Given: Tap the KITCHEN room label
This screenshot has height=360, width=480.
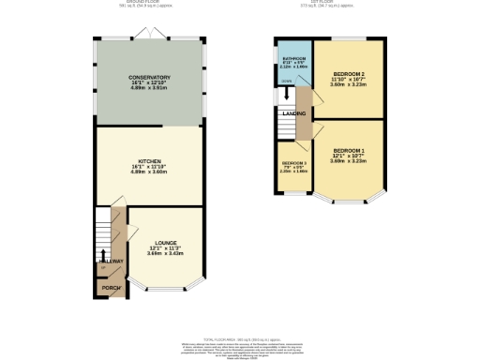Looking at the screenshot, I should pyautogui.click(x=149, y=160).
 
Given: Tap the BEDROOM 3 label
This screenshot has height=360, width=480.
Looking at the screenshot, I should pyautogui.click(x=294, y=162).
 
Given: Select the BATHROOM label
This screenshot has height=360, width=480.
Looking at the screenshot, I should pyautogui.click(x=295, y=58).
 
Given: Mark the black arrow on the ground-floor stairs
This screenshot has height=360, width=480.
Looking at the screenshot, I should pyautogui.click(x=102, y=255).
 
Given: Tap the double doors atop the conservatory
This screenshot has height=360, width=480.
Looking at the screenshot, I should pyautogui.click(x=148, y=35).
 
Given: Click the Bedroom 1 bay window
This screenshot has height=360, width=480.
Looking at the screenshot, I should pyautogui.click(x=348, y=201).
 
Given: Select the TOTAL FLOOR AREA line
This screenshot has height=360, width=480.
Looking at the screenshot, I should pyautogui.click(x=240, y=338).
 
